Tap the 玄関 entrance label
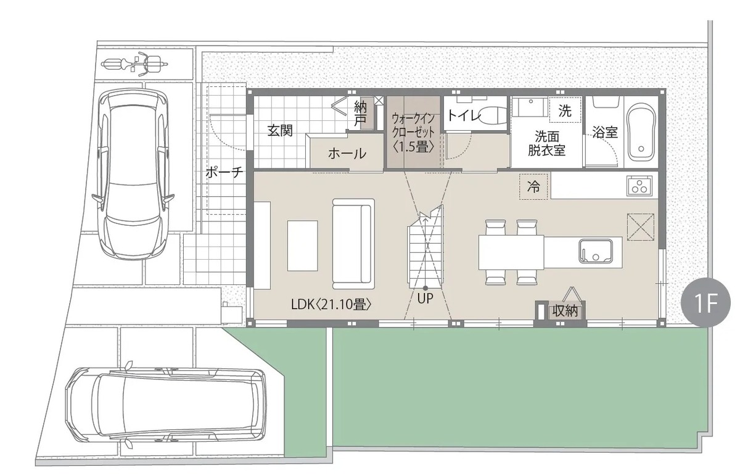click(x=280, y=131)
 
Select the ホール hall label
click(x=347, y=154)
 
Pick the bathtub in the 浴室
click(x=641, y=132)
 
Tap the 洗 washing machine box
click(x=565, y=110)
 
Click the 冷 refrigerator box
click(x=533, y=187)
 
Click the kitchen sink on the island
click(x=595, y=252)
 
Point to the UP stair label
click(x=425, y=299)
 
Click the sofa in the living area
click(x=353, y=244)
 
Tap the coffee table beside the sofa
click(x=303, y=246)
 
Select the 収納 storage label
click(x=565, y=312)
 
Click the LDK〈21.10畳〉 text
click(x=331, y=305)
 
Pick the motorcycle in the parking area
click(x=135, y=64)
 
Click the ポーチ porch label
click(x=224, y=173)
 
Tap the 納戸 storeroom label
click(x=360, y=114)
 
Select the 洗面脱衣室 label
click(x=546, y=144)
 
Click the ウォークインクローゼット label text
click(x=413, y=133)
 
